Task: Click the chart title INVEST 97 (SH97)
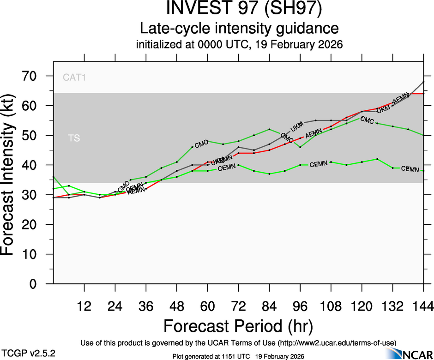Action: coord(239,10)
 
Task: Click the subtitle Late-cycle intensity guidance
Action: coord(239,29)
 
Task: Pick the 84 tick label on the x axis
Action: coord(269,306)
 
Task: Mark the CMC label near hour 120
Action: coord(367,120)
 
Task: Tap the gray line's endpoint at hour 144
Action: coord(423,82)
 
